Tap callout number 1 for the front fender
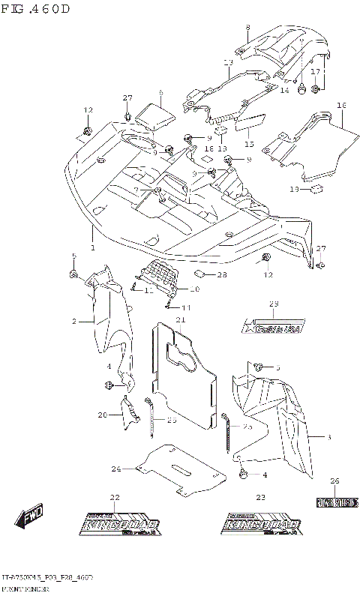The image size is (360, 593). (x=92, y=247)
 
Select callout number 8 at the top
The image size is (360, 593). (x=247, y=28)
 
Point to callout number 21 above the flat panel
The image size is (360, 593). (x=180, y=321)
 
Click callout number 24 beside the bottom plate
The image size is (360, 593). (x=116, y=469)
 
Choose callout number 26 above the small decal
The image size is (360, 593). (x=334, y=481)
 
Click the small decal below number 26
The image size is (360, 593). (x=334, y=501)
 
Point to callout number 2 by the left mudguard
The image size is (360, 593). (x=74, y=321)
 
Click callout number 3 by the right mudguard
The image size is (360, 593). (x=328, y=436)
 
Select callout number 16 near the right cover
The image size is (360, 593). (x=340, y=105)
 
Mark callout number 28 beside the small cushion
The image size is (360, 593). (x=222, y=275)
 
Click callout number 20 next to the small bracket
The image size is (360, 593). (x=102, y=415)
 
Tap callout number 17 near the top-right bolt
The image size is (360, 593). (x=316, y=71)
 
